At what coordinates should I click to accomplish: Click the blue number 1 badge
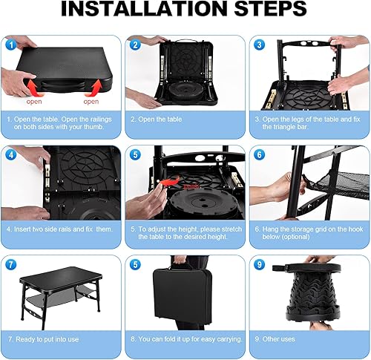(x=10, y=44)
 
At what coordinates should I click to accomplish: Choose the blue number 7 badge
(x=10, y=264)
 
